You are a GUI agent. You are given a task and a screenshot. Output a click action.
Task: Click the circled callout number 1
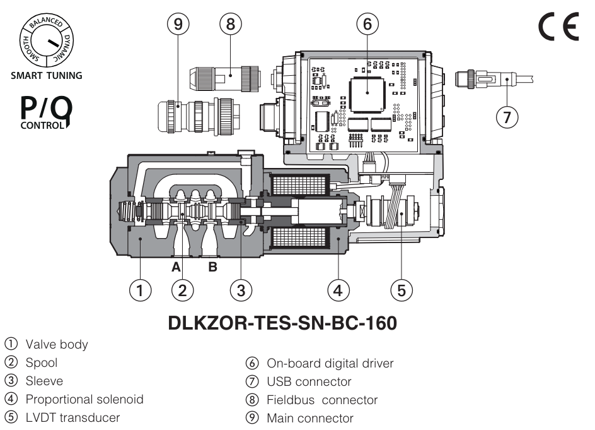[141, 290]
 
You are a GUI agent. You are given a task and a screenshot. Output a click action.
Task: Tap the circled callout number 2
[182, 290]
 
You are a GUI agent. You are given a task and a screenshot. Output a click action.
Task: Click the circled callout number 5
[401, 290]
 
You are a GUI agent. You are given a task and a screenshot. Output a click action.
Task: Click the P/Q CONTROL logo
[46, 113]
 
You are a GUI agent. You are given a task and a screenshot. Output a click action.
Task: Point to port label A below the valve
[177, 267]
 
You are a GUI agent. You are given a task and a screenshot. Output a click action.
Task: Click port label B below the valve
[213, 267]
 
